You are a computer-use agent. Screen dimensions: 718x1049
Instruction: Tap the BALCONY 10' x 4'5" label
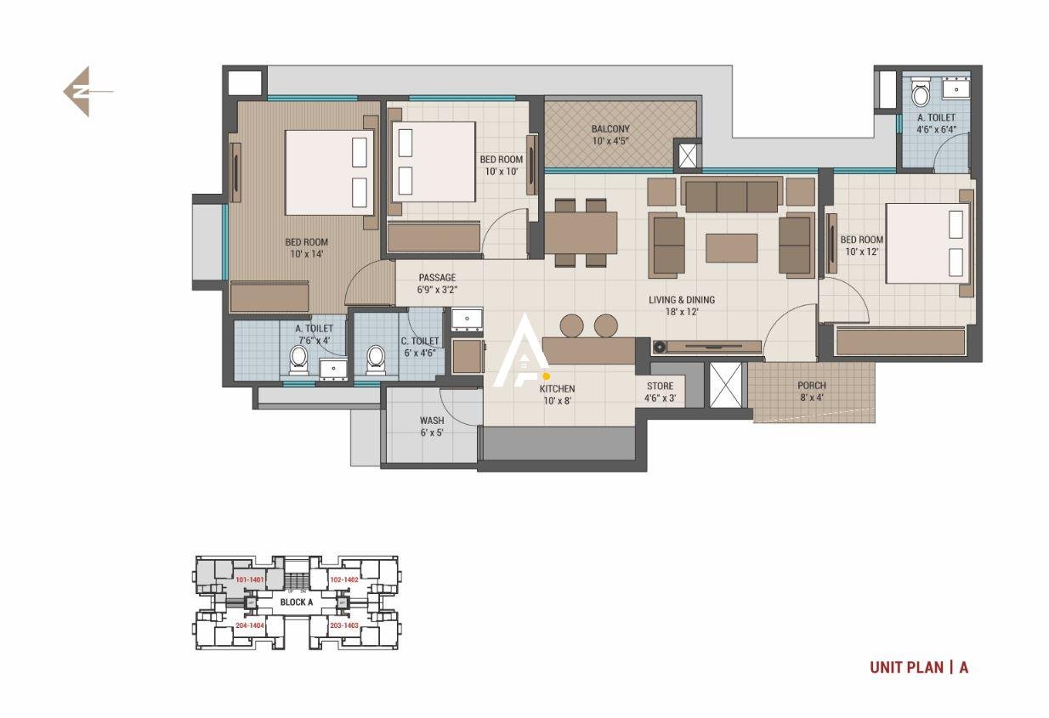point(610,134)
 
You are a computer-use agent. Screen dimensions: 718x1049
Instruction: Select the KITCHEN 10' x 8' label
point(557,394)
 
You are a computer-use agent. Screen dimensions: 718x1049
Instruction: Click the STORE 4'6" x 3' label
point(660,392)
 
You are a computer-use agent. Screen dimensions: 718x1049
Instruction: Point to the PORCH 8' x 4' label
point(811,391)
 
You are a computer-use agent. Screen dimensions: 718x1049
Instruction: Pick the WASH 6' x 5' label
point(431,426)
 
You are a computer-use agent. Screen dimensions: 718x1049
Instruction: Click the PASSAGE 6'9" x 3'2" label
point(437,283)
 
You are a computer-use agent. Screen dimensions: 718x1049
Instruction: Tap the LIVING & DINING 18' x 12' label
point(681,305)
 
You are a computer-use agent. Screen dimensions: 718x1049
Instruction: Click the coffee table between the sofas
point(731,248)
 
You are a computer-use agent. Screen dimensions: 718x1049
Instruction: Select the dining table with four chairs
point(581,231)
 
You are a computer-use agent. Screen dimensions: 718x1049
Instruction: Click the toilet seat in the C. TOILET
point(375,360)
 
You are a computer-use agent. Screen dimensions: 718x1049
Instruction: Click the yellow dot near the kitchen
point(546,376)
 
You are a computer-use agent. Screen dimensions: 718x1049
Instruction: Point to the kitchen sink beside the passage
point(466,319)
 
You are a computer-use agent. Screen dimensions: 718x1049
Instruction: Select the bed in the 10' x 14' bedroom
point(328,172)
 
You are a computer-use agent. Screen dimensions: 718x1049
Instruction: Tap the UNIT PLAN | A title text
point(918,667)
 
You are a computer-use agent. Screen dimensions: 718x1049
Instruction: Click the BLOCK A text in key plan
point(297,602)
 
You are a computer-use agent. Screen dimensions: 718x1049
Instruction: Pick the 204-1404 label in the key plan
point(249,625)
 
